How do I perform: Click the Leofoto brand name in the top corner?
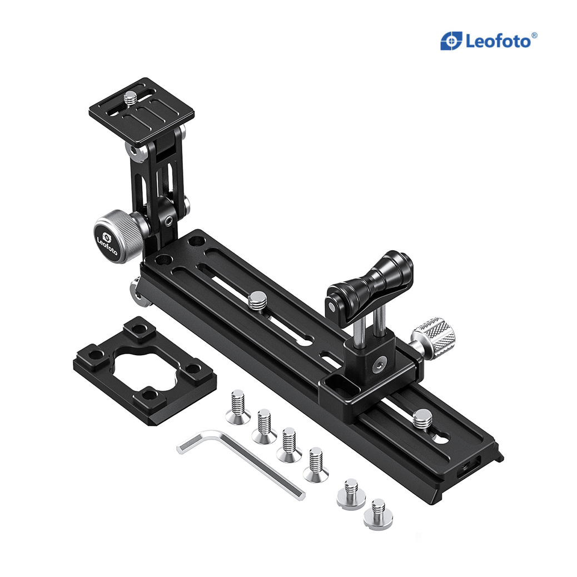coord(498,41)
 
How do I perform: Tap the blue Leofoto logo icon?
coord(451,41)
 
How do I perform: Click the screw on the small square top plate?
coord(130,100)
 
